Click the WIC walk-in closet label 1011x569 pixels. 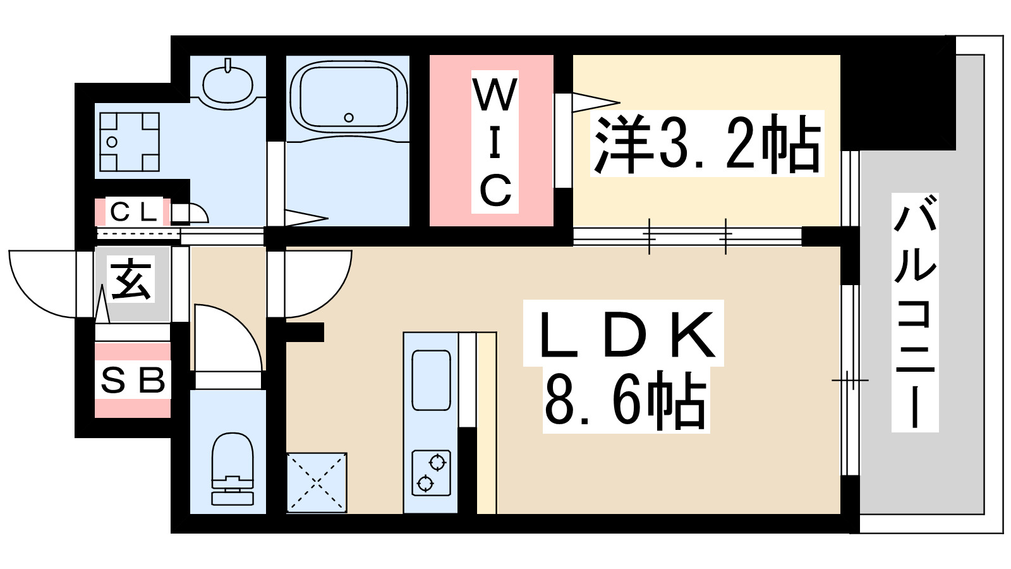[495, 142]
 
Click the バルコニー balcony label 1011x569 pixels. [915, 312]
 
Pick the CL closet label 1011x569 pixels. [133, 212]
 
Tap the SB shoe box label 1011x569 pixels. [133, 381]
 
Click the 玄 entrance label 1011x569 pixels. [132, 280]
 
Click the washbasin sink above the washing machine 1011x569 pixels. [227, 83]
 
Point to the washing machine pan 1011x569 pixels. [129, 142]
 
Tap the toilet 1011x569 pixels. [232, 468]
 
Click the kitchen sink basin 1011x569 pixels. [431, 380]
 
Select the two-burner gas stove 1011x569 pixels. [431, 472]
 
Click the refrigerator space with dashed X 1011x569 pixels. [317, 482]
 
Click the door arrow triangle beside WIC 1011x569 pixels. [595, 102]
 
